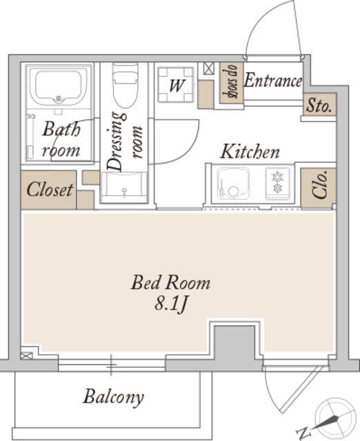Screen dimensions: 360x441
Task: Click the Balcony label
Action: click(x=113, y=397)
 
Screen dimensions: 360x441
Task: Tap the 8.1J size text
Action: click(x=171, y=305)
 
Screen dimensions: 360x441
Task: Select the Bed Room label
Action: click(x=171, y=283)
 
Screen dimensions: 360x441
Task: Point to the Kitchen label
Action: click(x=250, y=152)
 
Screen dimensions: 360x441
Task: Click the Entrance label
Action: click(x=272, y=81)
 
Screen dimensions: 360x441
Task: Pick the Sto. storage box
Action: click(x=320, y=104)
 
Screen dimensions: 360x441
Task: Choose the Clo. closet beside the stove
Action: click(x=319, y=188)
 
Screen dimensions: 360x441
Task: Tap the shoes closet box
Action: click(x=231, y=82)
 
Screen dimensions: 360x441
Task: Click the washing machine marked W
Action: click(x=176, y=85)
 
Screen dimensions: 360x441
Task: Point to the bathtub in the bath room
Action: click(x=59, y=85)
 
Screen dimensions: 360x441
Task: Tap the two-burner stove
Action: click(x=277, y=183)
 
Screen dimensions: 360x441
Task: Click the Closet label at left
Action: click(x=50, y=189)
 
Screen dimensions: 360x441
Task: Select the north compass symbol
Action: click(x=330, y=420)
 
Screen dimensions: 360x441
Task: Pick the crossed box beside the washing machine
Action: click(x=208, y=68)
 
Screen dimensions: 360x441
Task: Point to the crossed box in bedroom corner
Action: click(x=26, y=356)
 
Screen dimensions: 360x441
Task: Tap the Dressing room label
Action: click(x=125, y=141)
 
